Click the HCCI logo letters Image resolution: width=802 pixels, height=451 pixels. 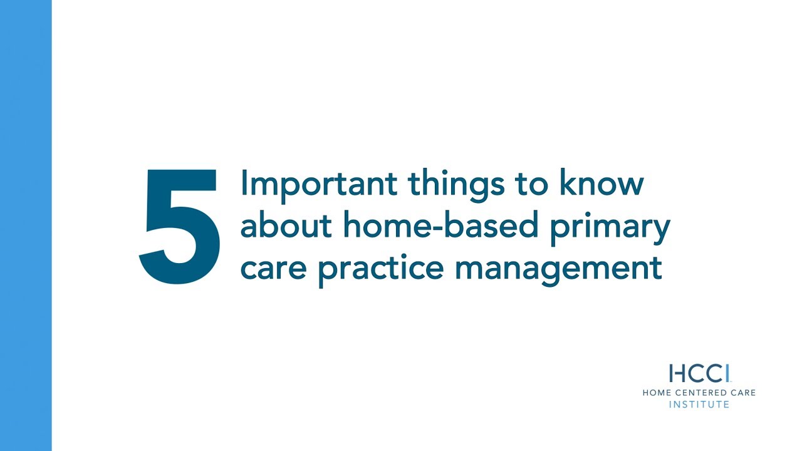click(x=699, y=373)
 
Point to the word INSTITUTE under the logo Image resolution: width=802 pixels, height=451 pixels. click(x=699, y=405)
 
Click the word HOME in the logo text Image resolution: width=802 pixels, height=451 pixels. click(x=656, y=393)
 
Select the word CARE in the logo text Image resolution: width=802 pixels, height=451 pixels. click(x=742, y=393)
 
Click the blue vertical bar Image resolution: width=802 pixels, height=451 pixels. click(x=26, y=225)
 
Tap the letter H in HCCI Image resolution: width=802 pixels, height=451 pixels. click(x=677, y=373)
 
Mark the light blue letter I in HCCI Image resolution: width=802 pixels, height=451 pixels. click(x=727, y=373)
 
